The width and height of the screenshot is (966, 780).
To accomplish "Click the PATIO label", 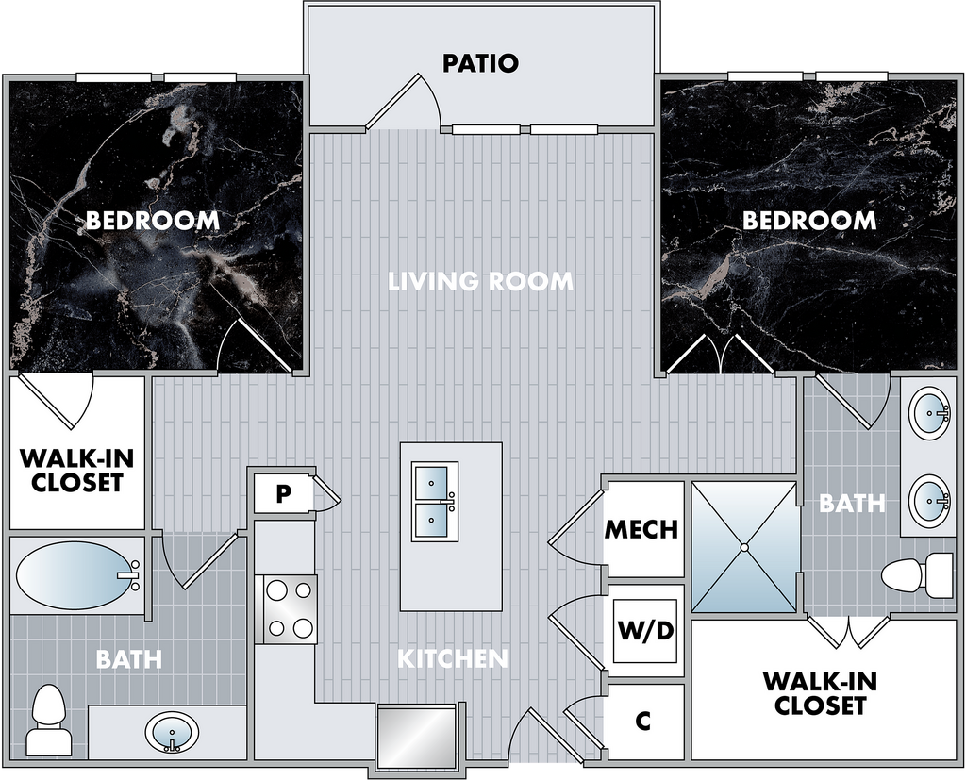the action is (480, 63).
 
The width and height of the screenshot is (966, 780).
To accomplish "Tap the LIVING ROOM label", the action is (481, 281).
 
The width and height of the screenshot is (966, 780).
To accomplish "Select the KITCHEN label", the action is (452, 658).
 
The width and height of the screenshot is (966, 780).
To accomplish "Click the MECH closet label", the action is (641, 529).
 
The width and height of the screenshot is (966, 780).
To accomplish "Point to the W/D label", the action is (646, 630).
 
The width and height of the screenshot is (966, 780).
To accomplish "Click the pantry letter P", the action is (283, 493).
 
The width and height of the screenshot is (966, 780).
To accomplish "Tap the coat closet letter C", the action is (642, 721).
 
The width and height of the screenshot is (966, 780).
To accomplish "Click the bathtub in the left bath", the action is (77, 575).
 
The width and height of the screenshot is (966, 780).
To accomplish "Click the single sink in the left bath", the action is (172, 733).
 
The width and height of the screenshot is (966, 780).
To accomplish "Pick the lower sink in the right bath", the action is (929, 500).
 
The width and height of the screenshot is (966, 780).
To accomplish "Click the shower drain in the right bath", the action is (744, 547).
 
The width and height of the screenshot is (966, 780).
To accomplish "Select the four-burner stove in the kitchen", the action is (286, 609).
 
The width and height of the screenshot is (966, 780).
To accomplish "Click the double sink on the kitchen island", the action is (434, 502).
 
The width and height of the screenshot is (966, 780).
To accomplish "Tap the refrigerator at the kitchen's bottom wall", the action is (417, 737).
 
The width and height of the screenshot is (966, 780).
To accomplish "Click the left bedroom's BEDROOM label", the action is (152, 220).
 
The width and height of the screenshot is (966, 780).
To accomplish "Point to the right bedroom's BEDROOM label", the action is (808, 220).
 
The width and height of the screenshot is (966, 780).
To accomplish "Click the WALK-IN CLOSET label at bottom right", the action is (820, 693).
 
